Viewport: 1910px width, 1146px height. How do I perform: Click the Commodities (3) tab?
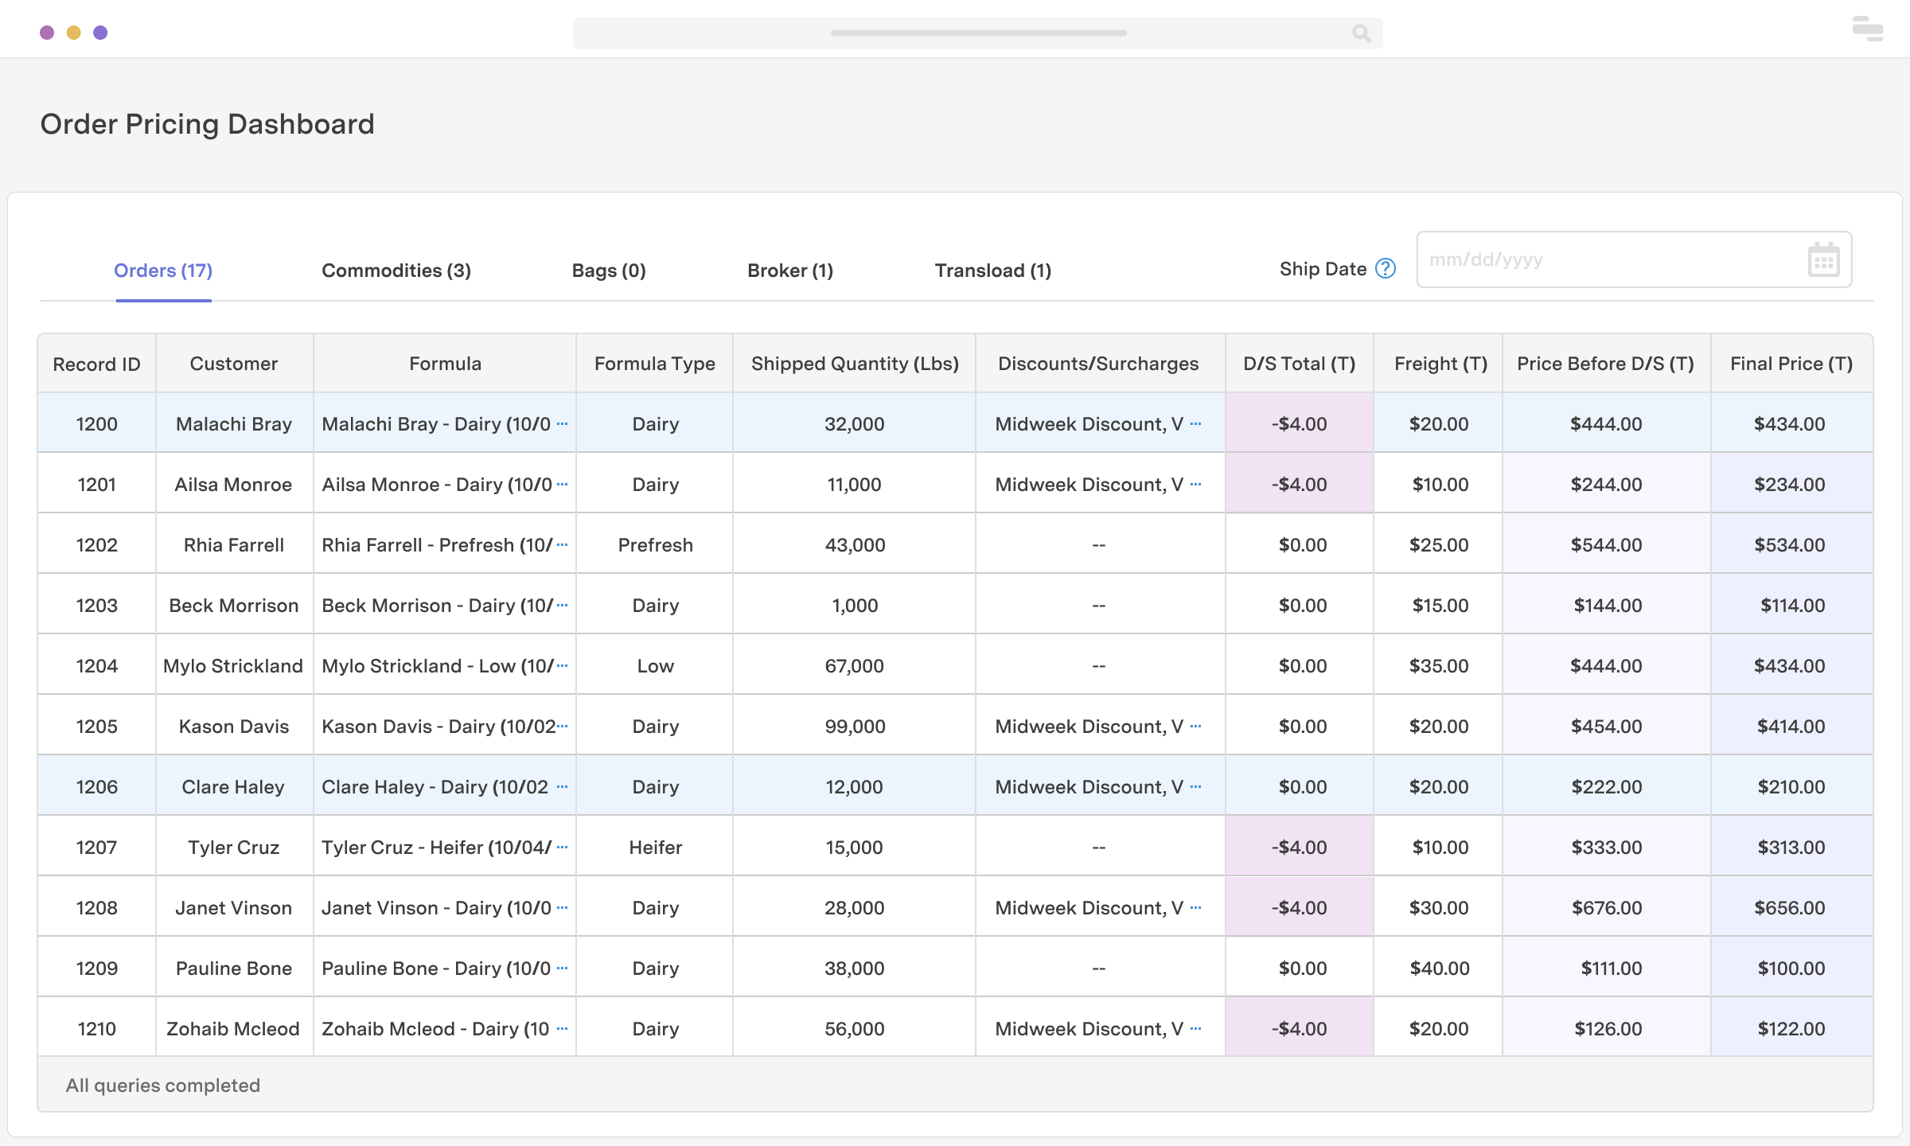396,271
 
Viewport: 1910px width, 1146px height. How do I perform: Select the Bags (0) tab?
609,271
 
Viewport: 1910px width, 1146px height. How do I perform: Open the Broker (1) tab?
790,271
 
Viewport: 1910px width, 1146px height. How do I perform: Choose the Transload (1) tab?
992,271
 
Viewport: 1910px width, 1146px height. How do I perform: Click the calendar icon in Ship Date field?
1823,260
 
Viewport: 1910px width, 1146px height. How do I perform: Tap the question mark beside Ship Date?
1386,269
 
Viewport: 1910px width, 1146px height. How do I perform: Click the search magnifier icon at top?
1361,33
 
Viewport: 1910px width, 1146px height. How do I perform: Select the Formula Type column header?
654,364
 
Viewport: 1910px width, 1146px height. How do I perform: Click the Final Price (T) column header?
1791,364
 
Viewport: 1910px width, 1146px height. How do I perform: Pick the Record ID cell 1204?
97,666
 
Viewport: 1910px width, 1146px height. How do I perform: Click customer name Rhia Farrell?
234,545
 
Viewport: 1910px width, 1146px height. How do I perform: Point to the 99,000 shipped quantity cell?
855,727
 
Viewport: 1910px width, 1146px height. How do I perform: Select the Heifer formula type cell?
655,848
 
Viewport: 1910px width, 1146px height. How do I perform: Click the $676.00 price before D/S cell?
1606,908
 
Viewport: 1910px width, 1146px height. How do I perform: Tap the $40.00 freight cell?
1439,969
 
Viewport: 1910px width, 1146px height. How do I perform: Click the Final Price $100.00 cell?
1791,969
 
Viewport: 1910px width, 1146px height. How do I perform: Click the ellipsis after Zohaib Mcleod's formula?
563,1028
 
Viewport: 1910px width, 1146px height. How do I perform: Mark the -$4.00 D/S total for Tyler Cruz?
1299,848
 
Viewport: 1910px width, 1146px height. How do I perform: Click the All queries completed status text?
163,1086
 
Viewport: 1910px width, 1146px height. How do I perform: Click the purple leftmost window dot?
47,33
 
